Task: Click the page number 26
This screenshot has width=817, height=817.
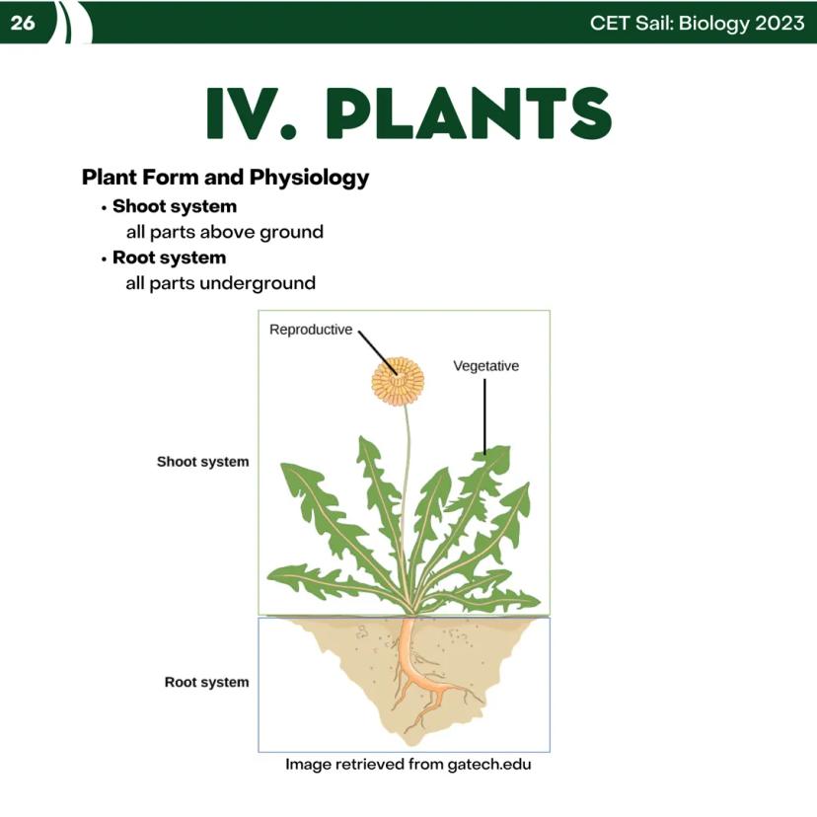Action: tap(22, 23)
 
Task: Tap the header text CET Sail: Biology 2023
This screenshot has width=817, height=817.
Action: tap(697, 23)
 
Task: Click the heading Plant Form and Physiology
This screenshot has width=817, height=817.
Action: tap(225, 178)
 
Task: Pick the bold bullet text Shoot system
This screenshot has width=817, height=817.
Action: tap(174, 206)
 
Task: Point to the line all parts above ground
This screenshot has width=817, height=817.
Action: tap(224, 233)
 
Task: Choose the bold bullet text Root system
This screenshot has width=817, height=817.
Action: tap(169, 258)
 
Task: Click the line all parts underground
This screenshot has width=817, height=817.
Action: tap(220, 283)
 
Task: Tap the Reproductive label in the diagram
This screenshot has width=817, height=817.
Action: tap(310, 330)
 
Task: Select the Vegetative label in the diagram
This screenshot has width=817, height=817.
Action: tap(485, 366)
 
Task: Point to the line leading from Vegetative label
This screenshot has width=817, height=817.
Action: tap(484, 414)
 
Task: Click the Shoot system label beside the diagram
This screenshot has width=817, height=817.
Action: tap(202, 462)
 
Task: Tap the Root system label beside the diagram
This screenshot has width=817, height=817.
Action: tap(206, 682)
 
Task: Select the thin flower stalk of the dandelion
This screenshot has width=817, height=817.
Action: tap(406, 493)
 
